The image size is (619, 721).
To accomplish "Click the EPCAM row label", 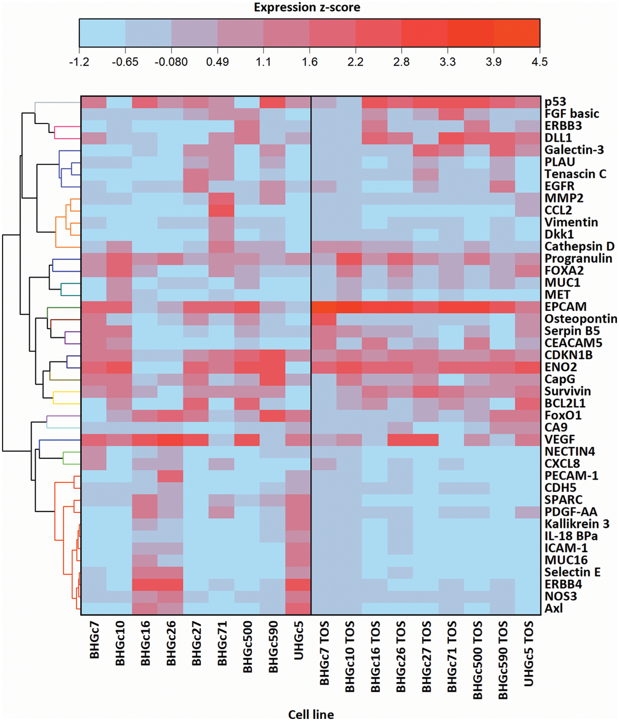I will click(x=565, y=307).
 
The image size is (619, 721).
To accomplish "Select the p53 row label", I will click(x=555, y=102).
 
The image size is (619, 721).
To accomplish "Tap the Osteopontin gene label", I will click(x=580, y=319).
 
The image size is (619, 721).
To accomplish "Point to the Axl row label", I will click(x=553, y=608).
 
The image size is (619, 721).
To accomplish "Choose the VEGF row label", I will click(x=560, y=439).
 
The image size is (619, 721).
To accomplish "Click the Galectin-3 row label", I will click(x=574, y=150).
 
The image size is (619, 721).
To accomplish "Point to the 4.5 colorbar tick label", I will click(x=539, y=62).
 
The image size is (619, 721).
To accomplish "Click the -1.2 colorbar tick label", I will click(x=79, y=62).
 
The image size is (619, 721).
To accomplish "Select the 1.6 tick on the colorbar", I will click(x=309, y=62).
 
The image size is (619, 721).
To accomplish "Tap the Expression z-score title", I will click(x=307, y=7).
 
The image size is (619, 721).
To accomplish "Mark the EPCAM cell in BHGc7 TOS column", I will click(x=324, y=307).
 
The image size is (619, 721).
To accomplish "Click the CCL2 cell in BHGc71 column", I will click(x=222, y=210).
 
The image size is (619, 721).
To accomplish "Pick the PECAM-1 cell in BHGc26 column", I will click(x=170, y=476).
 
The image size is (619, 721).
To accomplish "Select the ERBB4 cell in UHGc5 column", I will click(x=298, y=584).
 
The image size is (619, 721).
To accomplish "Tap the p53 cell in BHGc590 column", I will click(x=272, y=102).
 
